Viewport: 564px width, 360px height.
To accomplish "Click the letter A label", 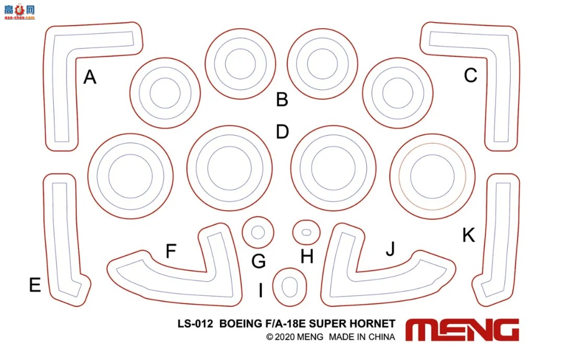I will [90, 77].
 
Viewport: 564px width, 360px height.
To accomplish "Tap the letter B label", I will [282, 99].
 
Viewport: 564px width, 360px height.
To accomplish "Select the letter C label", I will [471, 76].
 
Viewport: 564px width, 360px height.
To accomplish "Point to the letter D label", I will [282, 132].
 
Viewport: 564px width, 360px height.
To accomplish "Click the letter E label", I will [35, 285].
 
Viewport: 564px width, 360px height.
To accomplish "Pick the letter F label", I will [171, 251].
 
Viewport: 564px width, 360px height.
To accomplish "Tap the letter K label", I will [468, 236].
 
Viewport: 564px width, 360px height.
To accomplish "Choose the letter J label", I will [390, 250].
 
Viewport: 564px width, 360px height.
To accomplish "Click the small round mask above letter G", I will [258, 232].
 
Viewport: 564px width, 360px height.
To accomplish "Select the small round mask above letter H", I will [307, 231].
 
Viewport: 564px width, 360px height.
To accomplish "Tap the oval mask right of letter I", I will [289, 286].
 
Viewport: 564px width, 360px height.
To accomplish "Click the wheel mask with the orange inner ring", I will [432, 172].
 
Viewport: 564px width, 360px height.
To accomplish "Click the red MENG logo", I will [462, 330].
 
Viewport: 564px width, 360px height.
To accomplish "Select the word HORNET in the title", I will [373, 324].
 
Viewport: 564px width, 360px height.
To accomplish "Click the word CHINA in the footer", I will [382, 337].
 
